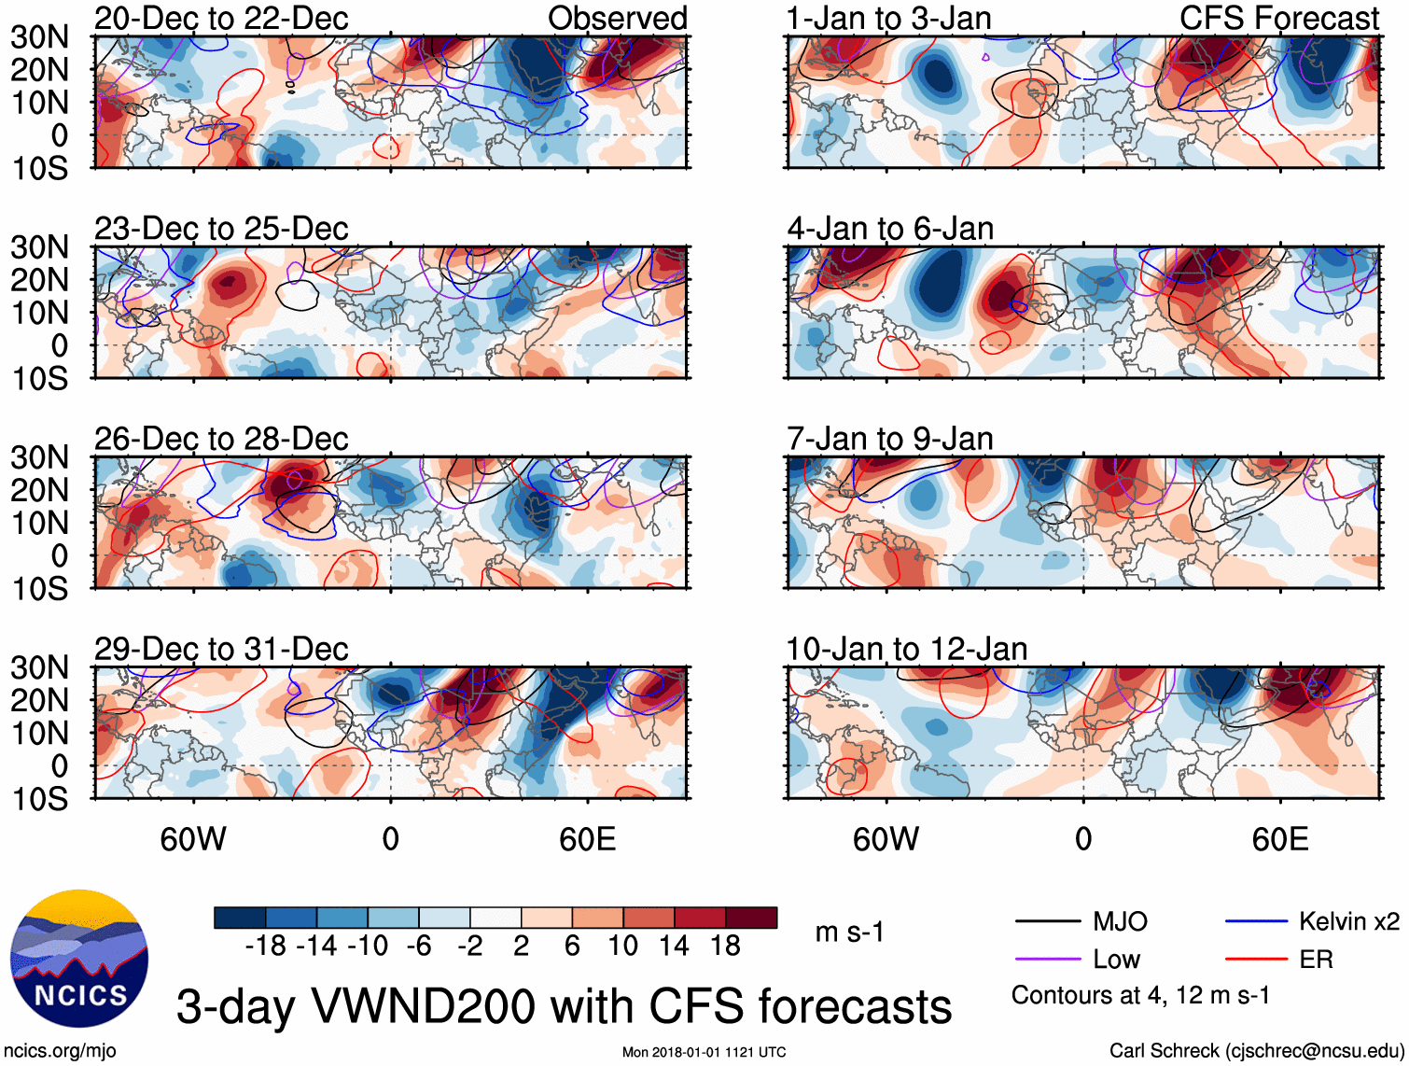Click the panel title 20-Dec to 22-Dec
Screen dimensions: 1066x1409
221,19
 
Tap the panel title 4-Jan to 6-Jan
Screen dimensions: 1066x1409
890,229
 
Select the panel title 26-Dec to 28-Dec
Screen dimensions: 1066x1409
221,439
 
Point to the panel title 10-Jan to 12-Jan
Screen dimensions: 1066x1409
907,649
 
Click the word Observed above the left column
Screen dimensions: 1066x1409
618,19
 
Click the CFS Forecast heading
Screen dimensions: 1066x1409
1279,19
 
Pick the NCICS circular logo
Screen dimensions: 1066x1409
78,959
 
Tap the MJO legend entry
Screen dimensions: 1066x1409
1120,922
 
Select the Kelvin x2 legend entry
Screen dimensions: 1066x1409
1348,922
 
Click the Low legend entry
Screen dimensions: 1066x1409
1116,960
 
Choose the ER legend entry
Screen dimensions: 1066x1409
1316,960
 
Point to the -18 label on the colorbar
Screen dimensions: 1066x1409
265,947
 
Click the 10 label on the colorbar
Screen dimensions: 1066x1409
622,947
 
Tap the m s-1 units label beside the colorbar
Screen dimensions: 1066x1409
849,933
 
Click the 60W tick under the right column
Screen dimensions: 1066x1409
886,839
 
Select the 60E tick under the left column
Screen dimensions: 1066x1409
587,839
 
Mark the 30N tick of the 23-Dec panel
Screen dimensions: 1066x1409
40,247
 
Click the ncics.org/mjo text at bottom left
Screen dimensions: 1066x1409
60,1051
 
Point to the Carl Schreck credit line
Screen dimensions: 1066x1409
1256,1051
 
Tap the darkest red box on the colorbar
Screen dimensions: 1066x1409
751,918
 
